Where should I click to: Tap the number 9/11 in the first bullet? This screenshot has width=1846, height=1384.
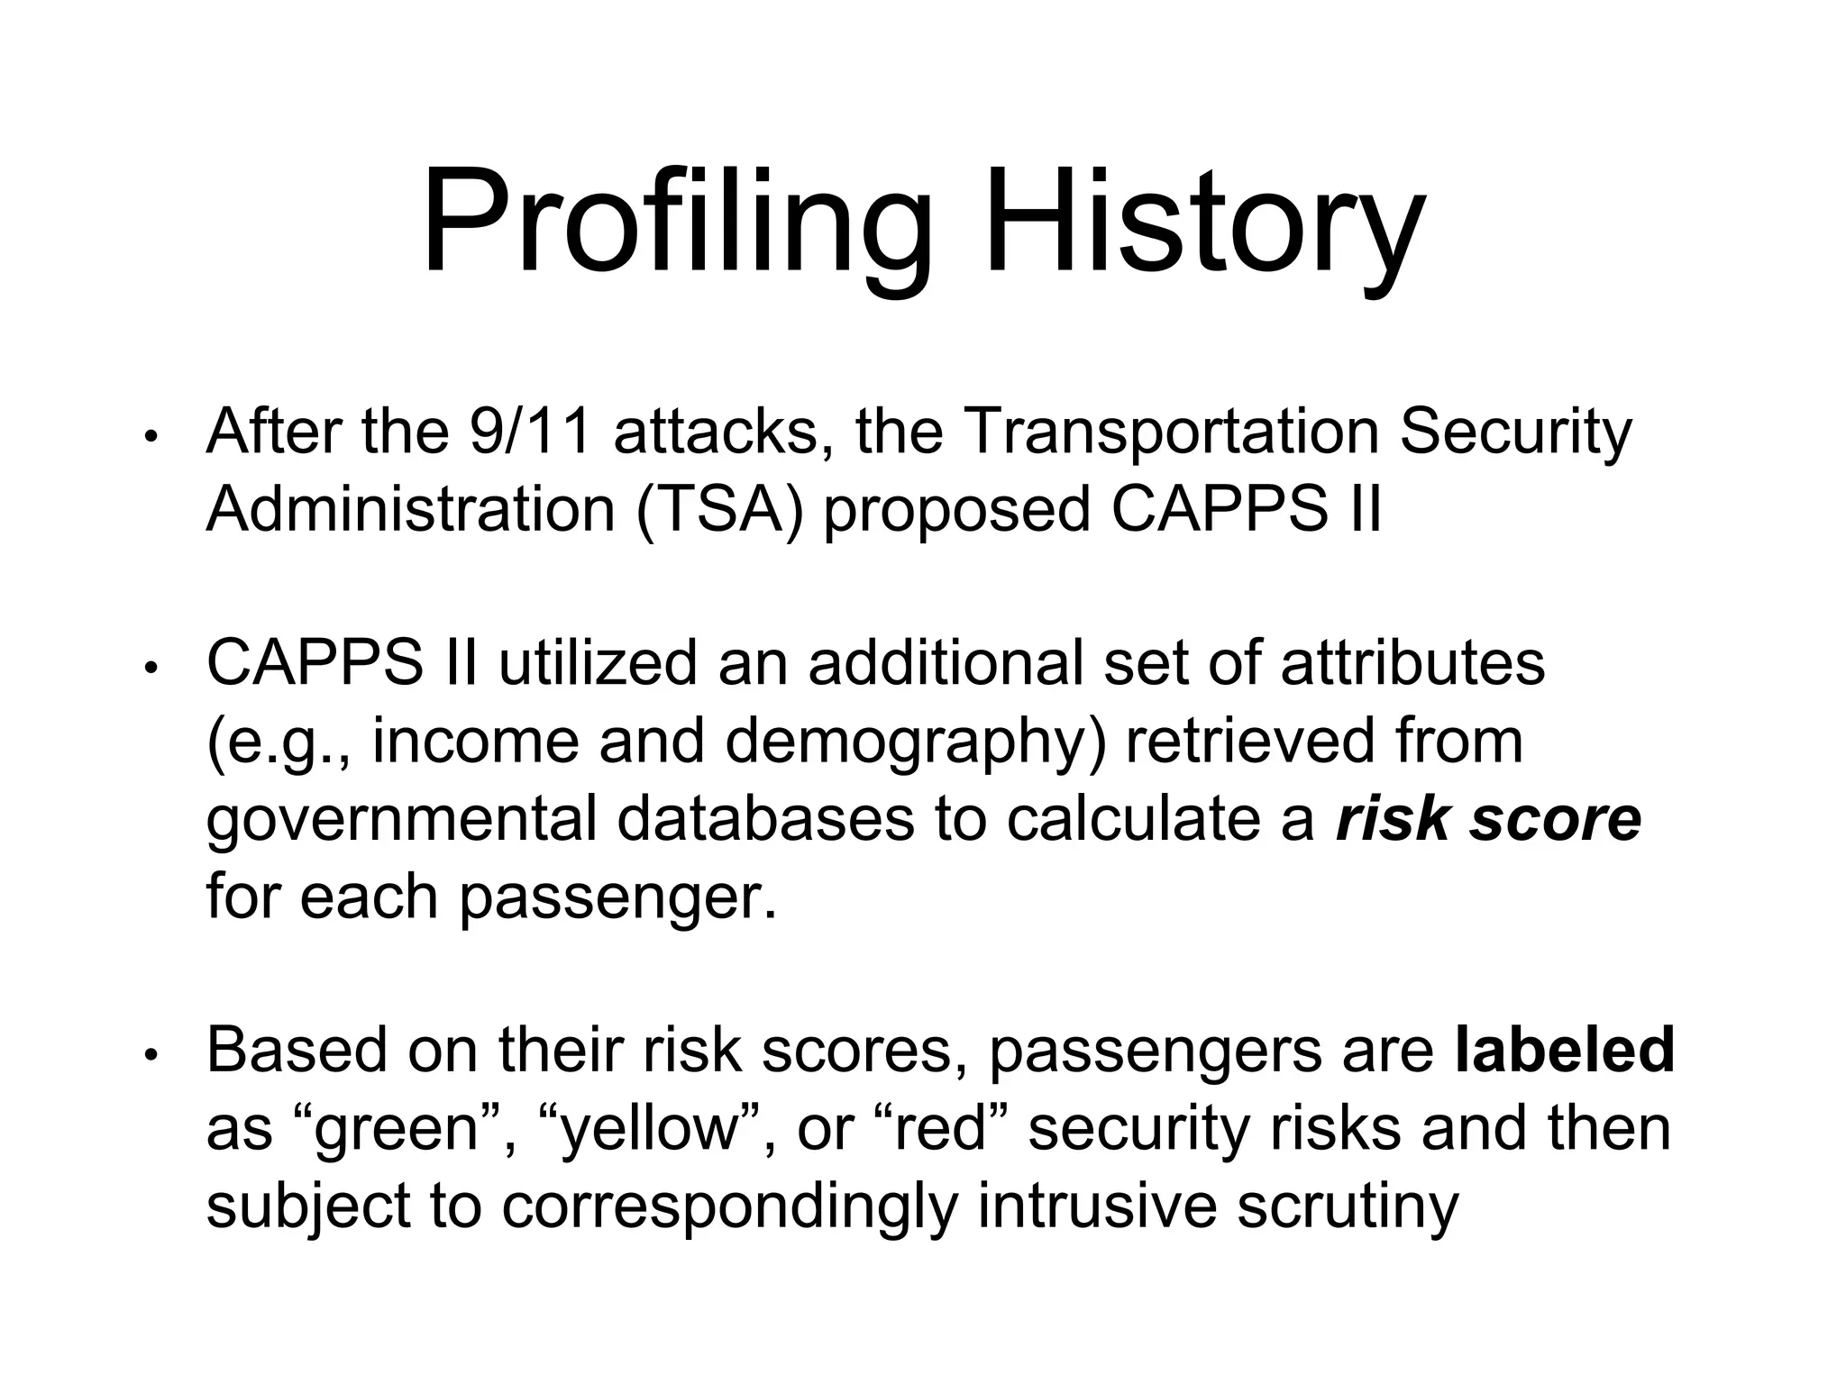point(530,432)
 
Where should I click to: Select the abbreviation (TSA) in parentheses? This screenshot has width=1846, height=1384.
point(718,510)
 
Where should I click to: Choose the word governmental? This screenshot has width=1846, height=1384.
point(402,819)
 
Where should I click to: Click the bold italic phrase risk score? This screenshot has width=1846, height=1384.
point(1488,819)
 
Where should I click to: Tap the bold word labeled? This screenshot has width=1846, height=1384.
point(1565,1051)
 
